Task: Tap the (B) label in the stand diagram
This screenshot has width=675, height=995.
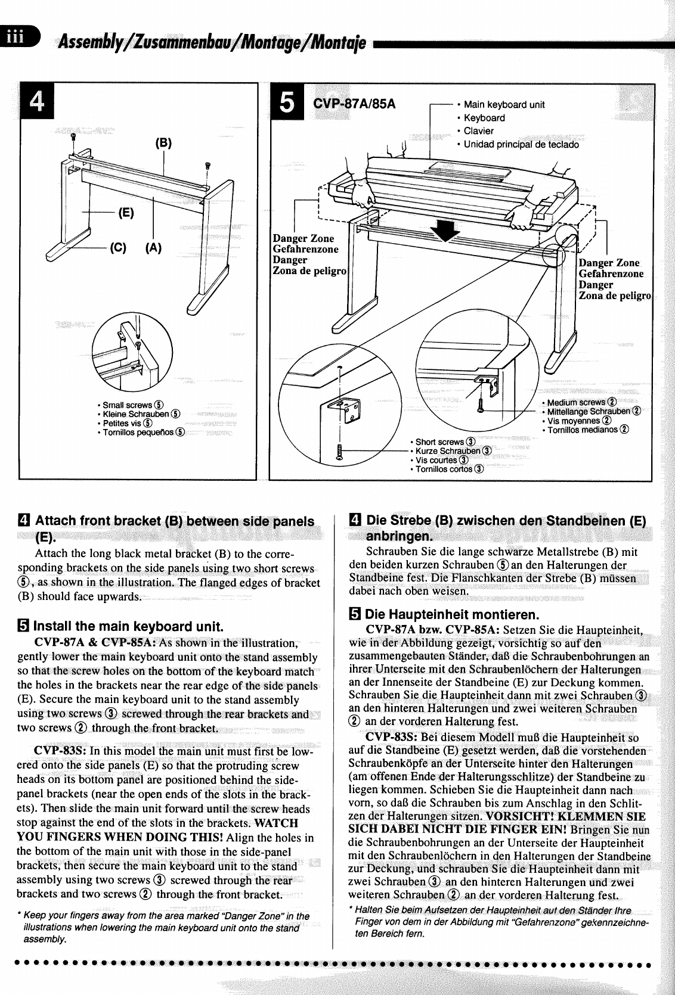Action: click(163, 143)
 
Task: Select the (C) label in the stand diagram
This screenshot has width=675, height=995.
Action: click(117, 247)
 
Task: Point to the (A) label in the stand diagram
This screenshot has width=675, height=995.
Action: click(153, 247)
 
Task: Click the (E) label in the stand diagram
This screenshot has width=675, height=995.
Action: click(126, 213)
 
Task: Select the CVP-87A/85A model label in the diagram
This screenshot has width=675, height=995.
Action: click(354, 104)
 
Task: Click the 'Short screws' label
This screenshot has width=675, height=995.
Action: click(439, 442)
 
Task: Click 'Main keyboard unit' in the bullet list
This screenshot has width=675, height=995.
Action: click(504, 105)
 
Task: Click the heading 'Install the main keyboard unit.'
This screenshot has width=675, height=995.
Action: click(128, 626)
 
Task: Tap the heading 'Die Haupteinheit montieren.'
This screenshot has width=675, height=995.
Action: click(451, 614)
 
